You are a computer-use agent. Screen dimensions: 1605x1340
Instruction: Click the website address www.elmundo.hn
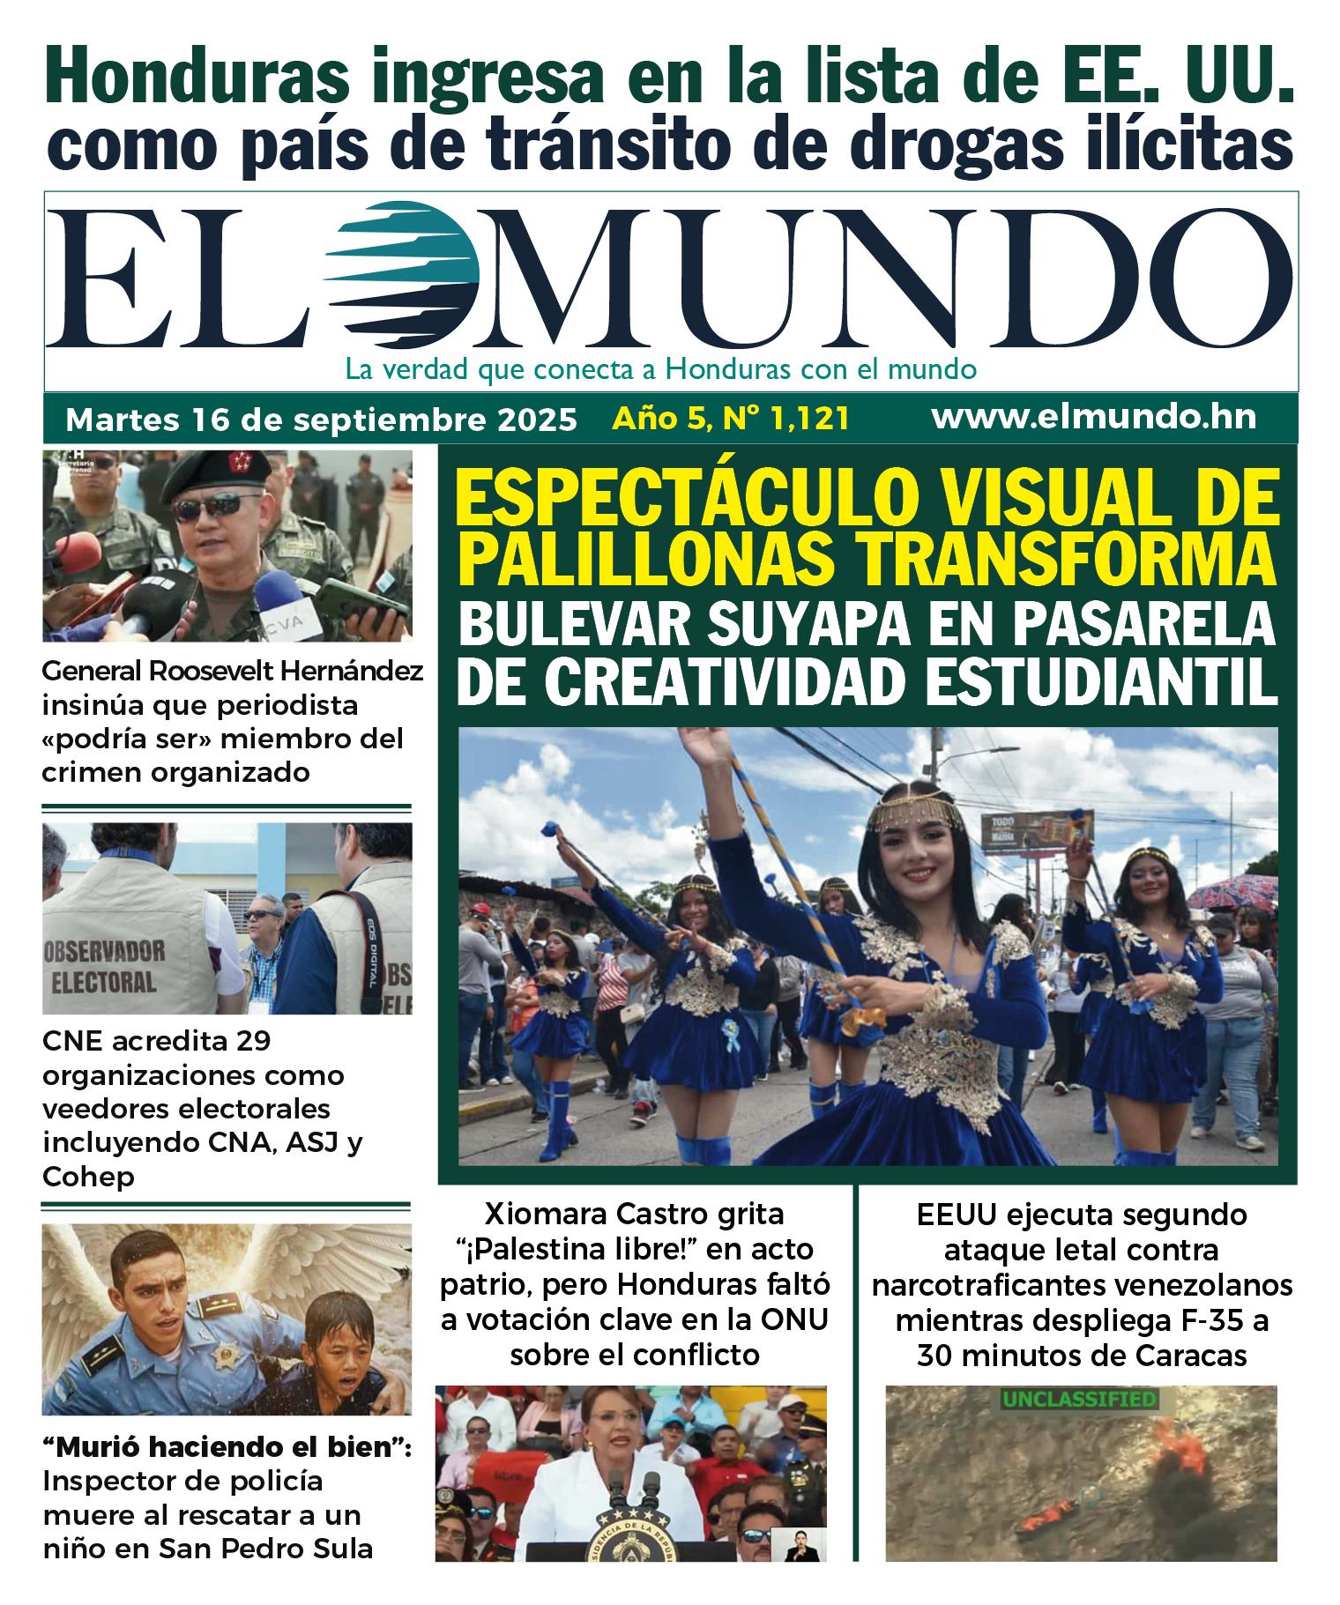[x=1093, y=418]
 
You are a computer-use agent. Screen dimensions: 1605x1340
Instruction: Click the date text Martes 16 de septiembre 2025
[x=321, y=420]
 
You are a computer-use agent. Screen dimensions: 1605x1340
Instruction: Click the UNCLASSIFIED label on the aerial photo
[x=1079, y=1399]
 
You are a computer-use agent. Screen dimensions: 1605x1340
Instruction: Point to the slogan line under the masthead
[x=660, y=368]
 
